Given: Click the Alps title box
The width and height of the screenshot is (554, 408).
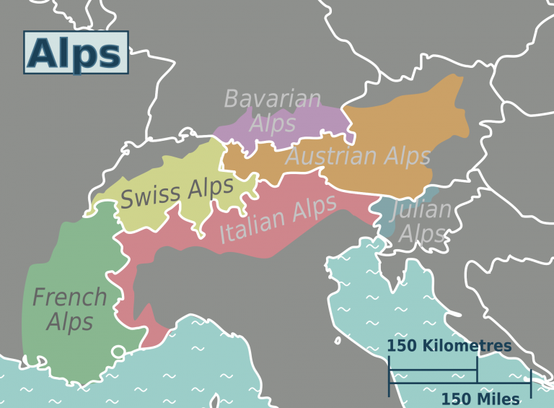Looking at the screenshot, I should pos(76,53).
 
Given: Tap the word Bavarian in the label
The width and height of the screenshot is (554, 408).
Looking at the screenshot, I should pos(272,99).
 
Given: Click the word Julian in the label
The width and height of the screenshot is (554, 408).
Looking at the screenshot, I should pos(422,210).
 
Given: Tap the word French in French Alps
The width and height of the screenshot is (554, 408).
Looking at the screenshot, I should pos(70,297).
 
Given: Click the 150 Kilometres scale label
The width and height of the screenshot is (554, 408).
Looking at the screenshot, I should pos(449,346).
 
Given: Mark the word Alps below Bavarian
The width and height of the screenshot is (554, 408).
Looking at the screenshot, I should pos(273,123).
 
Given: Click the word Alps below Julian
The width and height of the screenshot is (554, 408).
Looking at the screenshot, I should pos(422,234).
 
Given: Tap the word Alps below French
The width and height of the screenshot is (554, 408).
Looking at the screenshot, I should pos(70,321).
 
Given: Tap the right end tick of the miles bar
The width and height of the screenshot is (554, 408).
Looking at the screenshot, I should pos(531,383).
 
